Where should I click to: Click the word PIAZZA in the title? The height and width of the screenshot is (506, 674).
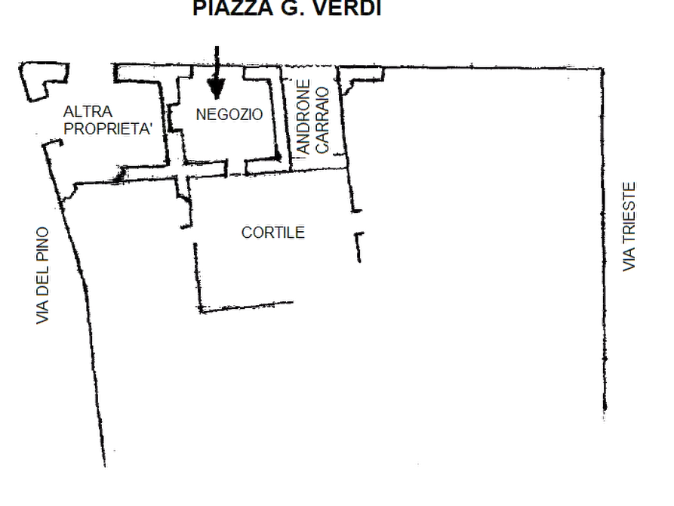[233, 8]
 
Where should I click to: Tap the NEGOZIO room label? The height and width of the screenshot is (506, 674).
[229, 115]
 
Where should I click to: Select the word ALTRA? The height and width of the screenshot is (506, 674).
[88, 112]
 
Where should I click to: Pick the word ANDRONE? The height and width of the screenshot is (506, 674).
[303, 117]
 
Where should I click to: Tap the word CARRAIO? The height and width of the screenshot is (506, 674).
[322, 121]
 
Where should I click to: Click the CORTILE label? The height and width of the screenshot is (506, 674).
[273, 233]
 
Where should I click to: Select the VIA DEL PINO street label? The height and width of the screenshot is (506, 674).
[42, 276]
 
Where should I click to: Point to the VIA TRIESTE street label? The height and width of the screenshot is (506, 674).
[629, 227]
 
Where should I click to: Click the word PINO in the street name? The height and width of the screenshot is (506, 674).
[42, 244]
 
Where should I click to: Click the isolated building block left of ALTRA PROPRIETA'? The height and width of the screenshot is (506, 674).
[44, 81]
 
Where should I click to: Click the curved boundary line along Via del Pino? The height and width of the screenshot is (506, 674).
[78, 301]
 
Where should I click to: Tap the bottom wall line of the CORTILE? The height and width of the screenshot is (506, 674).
[247, 307]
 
